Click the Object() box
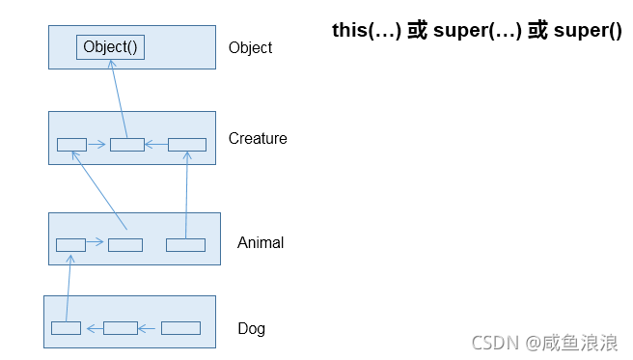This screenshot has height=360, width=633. pos(110,47)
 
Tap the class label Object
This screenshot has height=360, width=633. pos(250,48)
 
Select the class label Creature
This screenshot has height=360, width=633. pos(258,139)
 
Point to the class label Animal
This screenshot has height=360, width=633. pos(261,243)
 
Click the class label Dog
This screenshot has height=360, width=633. pos(251,329)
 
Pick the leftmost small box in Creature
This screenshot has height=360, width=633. pos(71,145)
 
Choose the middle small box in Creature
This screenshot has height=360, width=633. pos(126,145)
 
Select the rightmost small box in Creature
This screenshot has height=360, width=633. pos(187,145)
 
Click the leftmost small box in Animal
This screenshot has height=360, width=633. pos(70,244)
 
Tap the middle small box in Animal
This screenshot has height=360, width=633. pos(125,244)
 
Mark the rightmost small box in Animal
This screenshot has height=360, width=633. pos(185,244)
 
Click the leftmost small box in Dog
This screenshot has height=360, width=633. pos(66,328)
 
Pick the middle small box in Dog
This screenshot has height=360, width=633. pos(121,328)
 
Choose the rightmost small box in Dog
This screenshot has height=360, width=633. pos(180,328)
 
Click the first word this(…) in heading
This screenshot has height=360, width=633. pos(368,30)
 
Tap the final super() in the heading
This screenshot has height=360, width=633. pos(588,30)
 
